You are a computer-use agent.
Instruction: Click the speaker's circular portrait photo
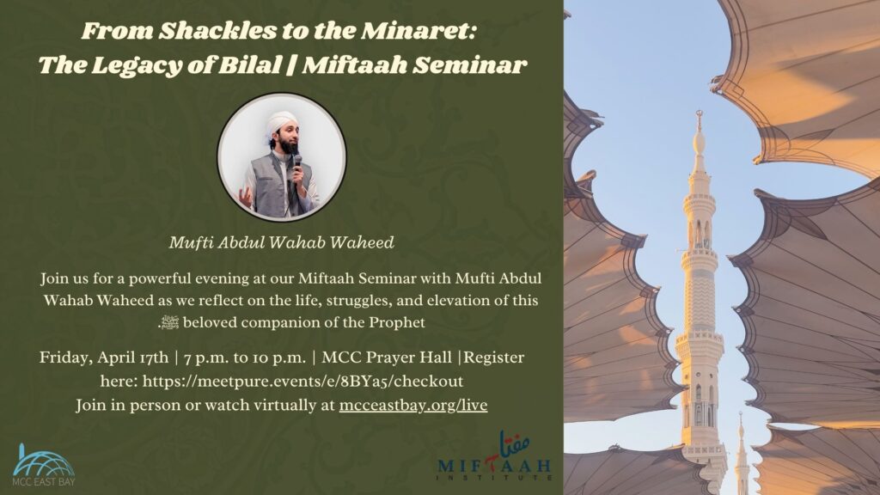pyautogui.click(x=281, y=157)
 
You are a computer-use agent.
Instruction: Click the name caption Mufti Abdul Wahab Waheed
pyautogui.click(x=281, y=243)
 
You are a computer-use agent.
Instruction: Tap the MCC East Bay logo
pyautogui.click(x=43, y=465)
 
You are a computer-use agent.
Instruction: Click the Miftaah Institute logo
pyautogui.click(x=494, y=459)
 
